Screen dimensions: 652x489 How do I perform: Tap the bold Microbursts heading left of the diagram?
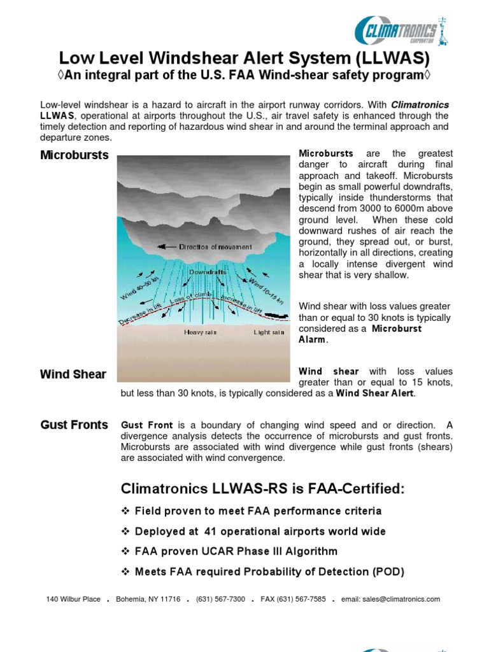coord(74,155)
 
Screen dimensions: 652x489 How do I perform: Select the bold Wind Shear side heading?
coord(73,374)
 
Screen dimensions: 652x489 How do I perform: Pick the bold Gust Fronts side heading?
coord(74,425)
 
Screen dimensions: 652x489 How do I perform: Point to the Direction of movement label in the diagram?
coord(215,247)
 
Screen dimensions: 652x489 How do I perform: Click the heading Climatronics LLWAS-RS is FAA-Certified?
coord(262,489)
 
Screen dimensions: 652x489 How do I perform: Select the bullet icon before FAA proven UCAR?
coord(125,551)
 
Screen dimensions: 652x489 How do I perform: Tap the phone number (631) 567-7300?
coord(220,599)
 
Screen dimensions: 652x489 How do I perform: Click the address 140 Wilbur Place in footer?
coord(73,599)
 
